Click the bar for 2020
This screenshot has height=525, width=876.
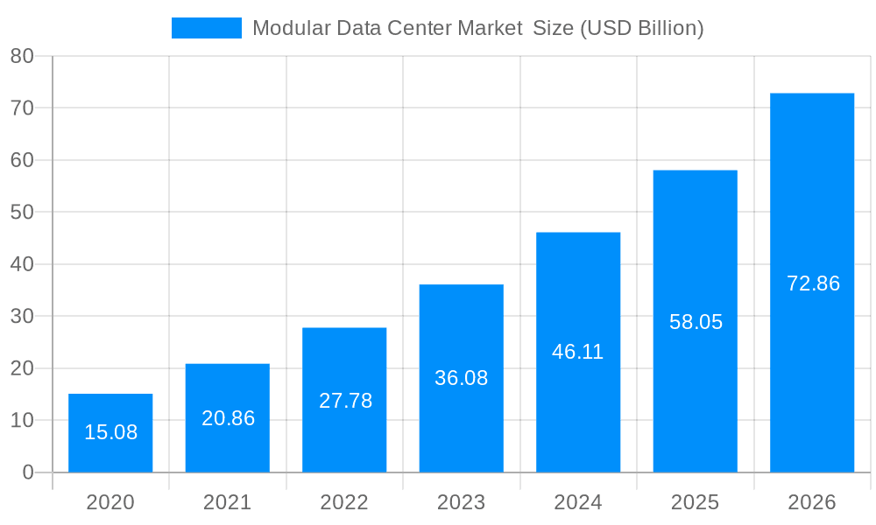click(x=110, y=433)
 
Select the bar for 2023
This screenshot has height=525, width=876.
click(x=462, y=378)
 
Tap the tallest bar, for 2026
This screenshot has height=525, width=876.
click(x=812, y=283)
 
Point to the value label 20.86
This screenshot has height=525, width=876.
click(x=228, y=418)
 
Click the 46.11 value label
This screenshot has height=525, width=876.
click(x=578, y=352)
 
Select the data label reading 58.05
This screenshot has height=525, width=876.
click(x=696, y=322)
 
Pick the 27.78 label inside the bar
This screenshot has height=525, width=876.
click(x=345, y=401)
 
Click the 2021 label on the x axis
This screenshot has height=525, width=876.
click(x=228, y=502)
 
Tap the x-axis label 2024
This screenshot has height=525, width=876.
click(x=578, y=502)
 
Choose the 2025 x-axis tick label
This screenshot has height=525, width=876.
click(x=696, y=502)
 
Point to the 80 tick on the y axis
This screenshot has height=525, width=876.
click(x=22, y=56)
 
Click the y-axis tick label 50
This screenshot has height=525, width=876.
click(x=22, y=212)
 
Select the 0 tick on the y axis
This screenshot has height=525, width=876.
click(x=27, y=472)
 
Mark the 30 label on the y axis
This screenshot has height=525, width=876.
click(x=22, y=316)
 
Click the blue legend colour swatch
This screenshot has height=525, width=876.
click(x=207, y=28)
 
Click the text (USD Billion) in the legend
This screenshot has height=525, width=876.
click(x=642, y=28)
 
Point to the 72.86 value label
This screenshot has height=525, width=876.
click(x=813, y=283)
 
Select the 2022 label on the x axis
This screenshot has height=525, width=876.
click(x=344, y=502)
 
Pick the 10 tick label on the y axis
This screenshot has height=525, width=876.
click(x=22, y=420)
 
